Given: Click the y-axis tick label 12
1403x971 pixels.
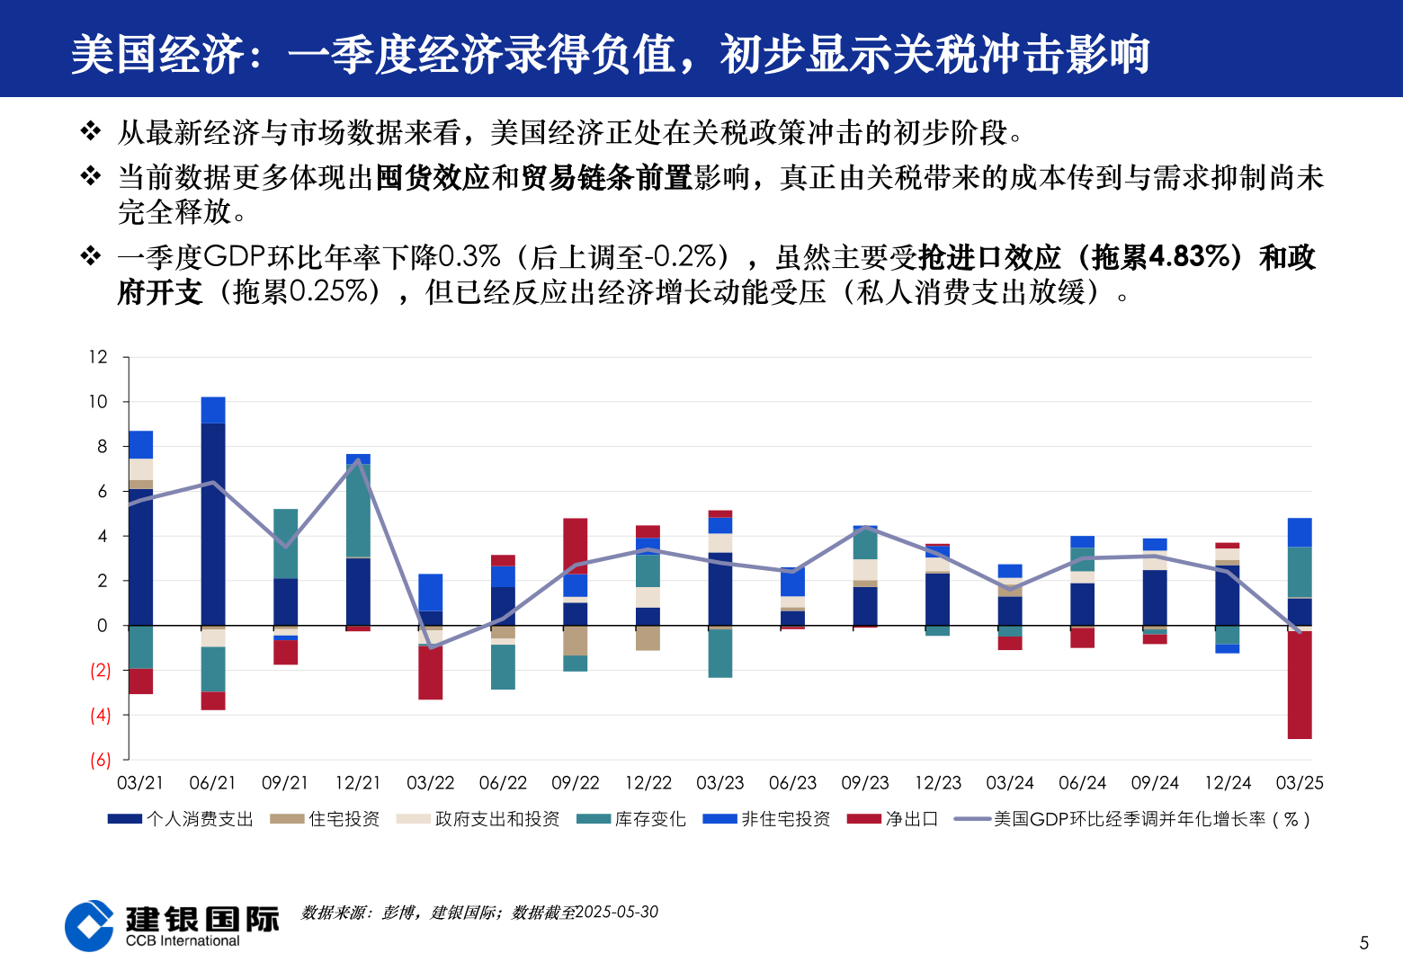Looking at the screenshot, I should point(98,357).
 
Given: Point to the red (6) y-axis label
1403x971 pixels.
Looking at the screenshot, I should point(100,761).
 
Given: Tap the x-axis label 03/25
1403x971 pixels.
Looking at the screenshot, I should point(1300,783).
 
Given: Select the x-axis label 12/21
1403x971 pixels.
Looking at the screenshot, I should point(358,783).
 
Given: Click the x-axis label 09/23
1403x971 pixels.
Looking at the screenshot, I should point(865,783).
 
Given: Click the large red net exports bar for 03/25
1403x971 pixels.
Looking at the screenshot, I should point(1300,685).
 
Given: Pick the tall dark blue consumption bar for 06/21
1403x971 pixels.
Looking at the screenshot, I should point(213,523).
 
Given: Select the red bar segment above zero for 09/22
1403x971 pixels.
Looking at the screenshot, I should point(576,545).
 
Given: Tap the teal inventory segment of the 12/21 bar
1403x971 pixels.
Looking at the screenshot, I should point(358,510).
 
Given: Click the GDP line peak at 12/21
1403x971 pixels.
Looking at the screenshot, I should point(359,460).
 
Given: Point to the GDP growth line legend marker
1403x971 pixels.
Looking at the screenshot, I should point(972,819).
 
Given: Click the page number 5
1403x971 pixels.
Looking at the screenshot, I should point(1364,942).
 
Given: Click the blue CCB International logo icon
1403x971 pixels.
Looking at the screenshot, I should point(89,926).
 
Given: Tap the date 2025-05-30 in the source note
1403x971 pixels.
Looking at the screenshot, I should point(616,912).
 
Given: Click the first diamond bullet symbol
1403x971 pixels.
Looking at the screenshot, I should point(91,131).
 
